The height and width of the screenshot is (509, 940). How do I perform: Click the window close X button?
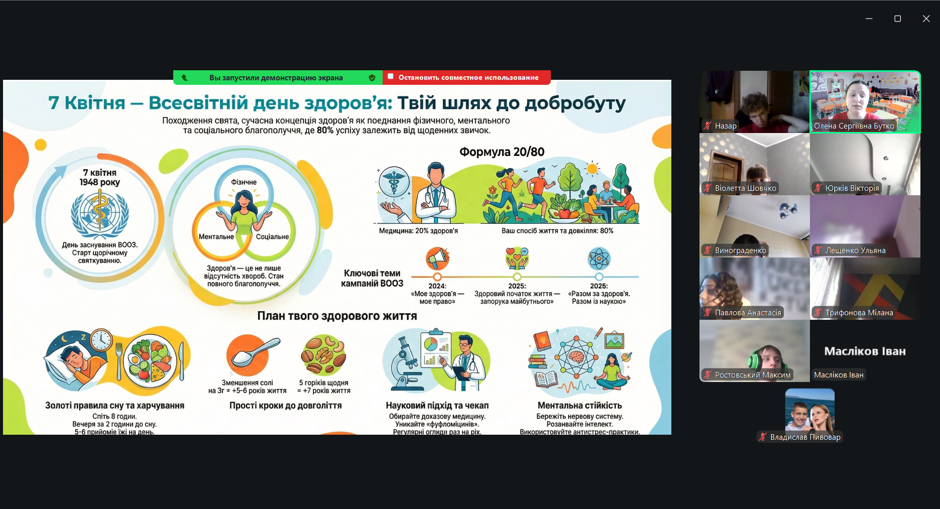pyautogui.click(x=926, y=19)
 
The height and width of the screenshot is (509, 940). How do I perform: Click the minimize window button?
pyautogui.click(x=869, y=19)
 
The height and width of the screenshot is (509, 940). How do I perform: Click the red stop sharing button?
pyautogui.click(x=466, y=77)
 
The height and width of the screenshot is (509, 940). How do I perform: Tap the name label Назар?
pyautogui.click(x=726, y=126)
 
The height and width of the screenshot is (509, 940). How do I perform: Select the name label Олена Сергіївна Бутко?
pyautogui.click(x=854, y=126)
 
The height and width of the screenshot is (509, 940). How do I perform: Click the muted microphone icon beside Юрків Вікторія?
pyautogui.click(x=818, y=188)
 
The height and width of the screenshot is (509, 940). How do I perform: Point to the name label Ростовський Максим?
pyautogui.click(x=753, y=375)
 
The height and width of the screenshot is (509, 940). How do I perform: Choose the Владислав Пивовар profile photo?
pyautogui.click(x=809, y=410)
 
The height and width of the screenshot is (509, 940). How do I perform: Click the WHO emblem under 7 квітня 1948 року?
pyautogui.click(x=99, y=215)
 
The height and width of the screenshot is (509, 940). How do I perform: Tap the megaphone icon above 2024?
pyautogui.click(x=437, y=259)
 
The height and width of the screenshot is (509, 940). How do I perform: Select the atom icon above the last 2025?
pyautogui.click(x=599, y=259)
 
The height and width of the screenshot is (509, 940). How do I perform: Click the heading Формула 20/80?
pyautogui.click(x=502, y=152)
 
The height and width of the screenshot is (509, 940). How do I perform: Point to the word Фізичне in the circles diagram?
pyautogui.click(x=244, y=182)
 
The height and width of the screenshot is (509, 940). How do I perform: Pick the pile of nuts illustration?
pyautogui.click(x=323, y=355)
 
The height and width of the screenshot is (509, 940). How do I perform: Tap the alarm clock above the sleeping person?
pyautogui.click(x=101, y=340)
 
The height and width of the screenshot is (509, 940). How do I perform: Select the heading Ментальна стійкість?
pyautogui.click(x=579, y=406)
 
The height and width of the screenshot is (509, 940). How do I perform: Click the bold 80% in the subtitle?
pyautogui.click(x=325, y=131)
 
